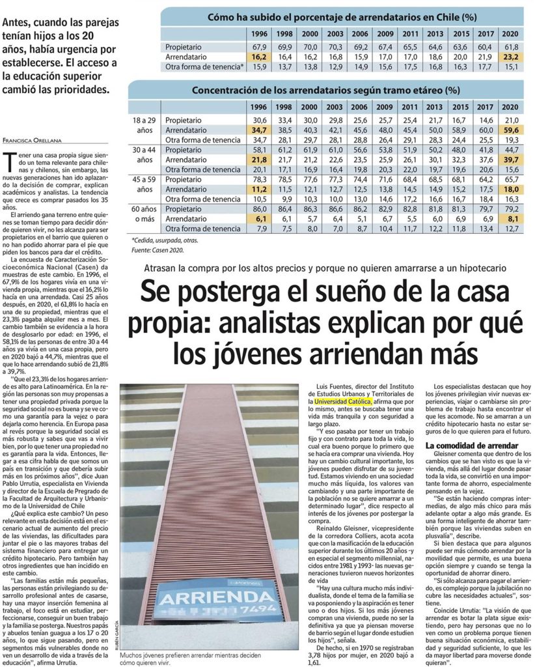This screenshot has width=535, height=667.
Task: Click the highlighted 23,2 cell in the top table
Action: point(511,57)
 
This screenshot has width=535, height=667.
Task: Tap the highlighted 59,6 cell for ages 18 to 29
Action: point(511,130)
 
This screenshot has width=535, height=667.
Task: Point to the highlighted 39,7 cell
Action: point(511,160)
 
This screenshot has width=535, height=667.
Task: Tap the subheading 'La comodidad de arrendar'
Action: point(471,445)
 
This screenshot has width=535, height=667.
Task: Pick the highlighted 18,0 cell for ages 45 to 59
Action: point(511,189)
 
